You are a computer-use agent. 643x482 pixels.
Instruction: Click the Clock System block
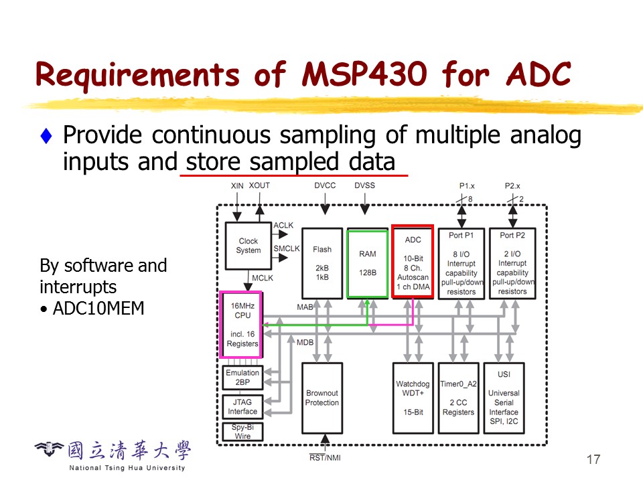(248, 246)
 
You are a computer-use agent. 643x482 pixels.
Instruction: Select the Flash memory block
(322, 262)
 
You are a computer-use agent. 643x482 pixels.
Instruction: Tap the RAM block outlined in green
(368, 263)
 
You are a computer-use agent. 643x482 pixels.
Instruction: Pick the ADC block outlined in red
(413, 262)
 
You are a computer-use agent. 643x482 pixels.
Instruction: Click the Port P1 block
(461, 262)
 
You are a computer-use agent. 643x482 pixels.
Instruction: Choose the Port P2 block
(512, 262)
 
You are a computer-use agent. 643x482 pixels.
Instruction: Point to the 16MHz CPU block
(242, 325)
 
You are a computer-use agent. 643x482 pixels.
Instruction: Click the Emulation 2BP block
(242, 378)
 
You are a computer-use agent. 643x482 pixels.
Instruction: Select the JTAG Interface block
(242, 407)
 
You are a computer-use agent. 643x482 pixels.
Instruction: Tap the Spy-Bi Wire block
(242, 431)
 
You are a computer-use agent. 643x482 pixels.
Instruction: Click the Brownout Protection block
(322, 398)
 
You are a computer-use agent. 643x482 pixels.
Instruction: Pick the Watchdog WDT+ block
(413, 398)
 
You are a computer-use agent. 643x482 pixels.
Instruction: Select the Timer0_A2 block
(459, 398)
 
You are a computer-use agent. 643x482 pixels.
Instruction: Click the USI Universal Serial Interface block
(504, 398)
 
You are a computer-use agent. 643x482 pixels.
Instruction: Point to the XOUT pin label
(259, 185)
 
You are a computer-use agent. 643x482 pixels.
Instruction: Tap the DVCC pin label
(325, 185)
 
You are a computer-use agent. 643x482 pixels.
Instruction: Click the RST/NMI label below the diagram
(324, 458)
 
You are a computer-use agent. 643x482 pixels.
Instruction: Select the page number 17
(593, 459)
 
